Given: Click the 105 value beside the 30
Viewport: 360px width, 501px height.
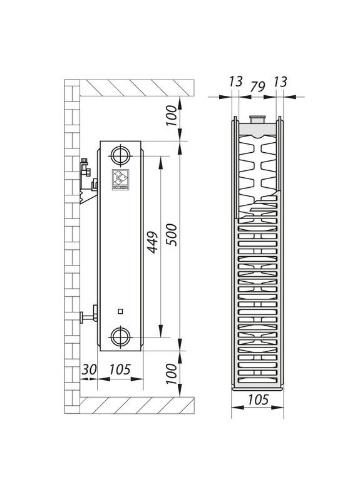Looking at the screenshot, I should click(x=120, y=369).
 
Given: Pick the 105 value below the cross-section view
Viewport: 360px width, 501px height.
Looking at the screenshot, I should click(x=257, y=400).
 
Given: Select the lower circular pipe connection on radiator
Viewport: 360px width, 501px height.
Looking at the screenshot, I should click(x=120, y=337).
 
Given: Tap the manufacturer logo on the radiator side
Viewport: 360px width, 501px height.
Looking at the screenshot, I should click(x=120, y=178).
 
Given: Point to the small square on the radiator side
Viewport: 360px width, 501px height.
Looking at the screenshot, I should click(x=120, y=311).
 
